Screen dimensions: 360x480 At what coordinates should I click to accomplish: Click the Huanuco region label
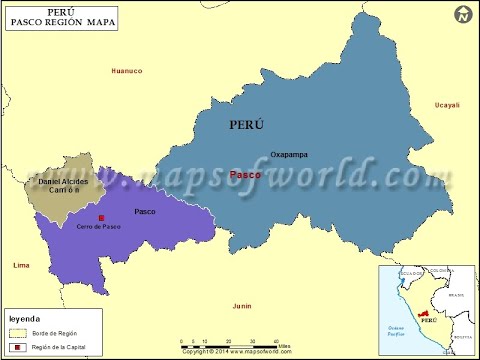(x=127, y=71)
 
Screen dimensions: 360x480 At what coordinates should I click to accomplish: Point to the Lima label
(x=20, y=265)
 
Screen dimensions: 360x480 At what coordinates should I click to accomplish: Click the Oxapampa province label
(x=290, y=155)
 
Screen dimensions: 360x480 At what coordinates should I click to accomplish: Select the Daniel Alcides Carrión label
(x=64, y=185)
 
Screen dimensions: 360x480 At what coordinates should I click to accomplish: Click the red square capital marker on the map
(x=100, y=217)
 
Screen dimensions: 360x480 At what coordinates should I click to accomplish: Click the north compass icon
(x=461, y=15)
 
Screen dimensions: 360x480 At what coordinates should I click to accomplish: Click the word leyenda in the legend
(x=25, y=319)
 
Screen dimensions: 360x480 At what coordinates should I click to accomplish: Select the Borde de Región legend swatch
(x=20, y=331)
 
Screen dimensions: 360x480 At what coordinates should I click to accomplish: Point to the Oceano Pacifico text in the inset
(x=397, y=330)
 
